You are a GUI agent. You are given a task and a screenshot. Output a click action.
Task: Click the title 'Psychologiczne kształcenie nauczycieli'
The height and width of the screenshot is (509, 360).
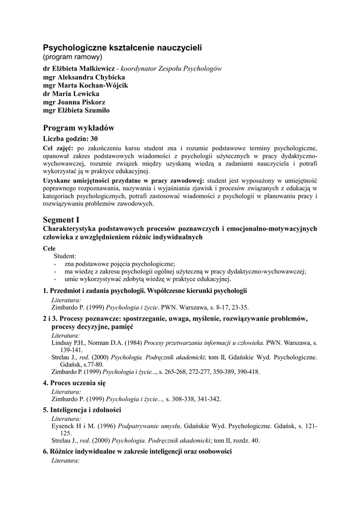(x=122, y=48)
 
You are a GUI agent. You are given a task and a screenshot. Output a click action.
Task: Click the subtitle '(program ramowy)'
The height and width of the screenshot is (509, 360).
(x=73, y=57)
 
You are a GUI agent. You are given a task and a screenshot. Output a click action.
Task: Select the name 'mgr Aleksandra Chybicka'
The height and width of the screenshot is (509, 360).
(x=84, y=77)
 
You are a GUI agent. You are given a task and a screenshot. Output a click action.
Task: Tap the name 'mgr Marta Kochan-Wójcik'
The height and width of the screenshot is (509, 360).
(x=86, y=85)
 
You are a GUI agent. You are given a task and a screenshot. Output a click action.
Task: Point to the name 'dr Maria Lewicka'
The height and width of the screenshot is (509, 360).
(x=71, y=93)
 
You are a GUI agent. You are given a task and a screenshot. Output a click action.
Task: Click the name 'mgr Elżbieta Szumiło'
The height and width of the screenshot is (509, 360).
(x=77, y=110)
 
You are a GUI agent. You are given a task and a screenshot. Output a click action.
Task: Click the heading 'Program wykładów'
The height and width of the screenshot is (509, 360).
(x=79, y=128)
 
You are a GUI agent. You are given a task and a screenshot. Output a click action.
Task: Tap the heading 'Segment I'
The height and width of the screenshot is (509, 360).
(x=61, y=219)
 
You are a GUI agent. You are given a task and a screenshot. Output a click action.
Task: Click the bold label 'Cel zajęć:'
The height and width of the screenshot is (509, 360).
(x=58, y=148)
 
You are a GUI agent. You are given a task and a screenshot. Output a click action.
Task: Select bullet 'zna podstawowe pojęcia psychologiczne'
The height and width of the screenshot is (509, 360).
(x=120, y=263)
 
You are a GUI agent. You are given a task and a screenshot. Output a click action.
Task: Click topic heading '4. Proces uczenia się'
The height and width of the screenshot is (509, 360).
(x=74, y=383)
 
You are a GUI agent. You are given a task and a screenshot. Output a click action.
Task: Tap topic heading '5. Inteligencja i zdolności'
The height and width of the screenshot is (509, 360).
(x=82, y=410)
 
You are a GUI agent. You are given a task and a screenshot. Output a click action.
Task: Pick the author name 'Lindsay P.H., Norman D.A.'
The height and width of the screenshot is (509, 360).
(x=86, y=343)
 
